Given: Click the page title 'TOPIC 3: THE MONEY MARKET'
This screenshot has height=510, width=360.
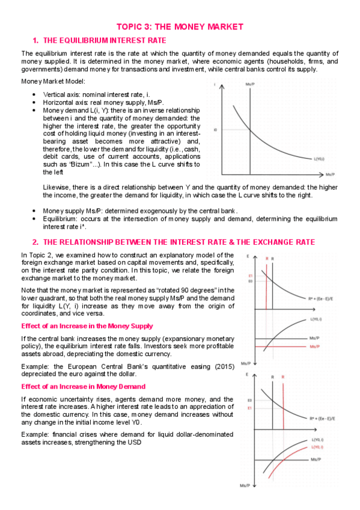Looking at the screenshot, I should (180, 27).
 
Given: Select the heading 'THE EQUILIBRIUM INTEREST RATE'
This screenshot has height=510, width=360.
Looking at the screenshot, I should (105, 41).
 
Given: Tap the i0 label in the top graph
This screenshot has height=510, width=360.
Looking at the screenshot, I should (215, 129).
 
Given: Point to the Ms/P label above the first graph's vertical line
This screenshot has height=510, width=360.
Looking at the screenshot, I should (249, 85).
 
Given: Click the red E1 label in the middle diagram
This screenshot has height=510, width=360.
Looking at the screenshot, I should (250, 275).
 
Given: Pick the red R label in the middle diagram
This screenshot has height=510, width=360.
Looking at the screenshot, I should (266, 258).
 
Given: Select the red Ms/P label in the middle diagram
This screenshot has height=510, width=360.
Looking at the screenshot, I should (314, 348).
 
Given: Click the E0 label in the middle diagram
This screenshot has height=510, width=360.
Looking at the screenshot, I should (250, 281).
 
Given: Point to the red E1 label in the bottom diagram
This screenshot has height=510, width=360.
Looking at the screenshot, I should (250, 408).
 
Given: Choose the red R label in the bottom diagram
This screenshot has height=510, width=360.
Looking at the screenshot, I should (282, 377).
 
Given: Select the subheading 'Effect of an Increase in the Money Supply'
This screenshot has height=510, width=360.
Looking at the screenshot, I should (87, 325).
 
